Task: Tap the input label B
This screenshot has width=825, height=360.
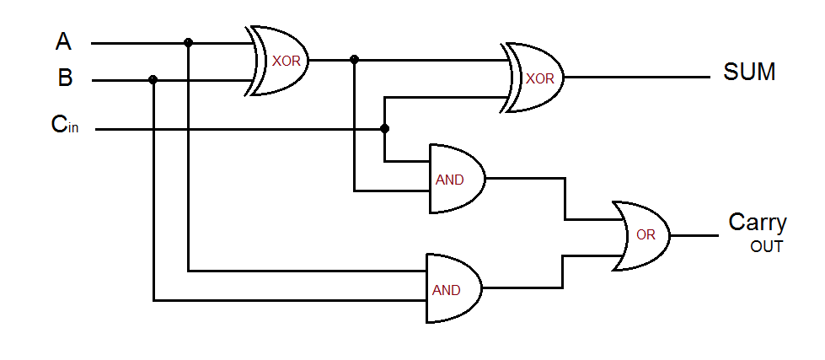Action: coord(65,78)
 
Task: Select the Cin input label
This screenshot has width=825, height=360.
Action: coord(65,125)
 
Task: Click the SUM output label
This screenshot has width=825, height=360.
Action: coord(749,73)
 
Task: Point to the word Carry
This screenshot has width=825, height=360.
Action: coord(757,223)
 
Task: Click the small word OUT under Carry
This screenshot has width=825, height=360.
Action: coord(766,247)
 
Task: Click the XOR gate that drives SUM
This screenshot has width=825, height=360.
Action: coord(536,78)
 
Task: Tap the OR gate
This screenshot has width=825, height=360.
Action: coord(642,235)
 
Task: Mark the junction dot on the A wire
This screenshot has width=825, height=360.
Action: coord(188,42)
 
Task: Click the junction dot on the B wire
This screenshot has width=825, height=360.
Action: coord(153,80)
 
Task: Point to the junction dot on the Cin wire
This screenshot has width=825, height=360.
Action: coord(385,129)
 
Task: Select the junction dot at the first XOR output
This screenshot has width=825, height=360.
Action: coord(354,60)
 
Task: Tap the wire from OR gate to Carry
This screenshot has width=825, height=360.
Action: coord(695,235)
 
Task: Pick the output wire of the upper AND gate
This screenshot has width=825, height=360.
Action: coord(522,178)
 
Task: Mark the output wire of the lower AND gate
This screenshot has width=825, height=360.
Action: coord(522,287)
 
